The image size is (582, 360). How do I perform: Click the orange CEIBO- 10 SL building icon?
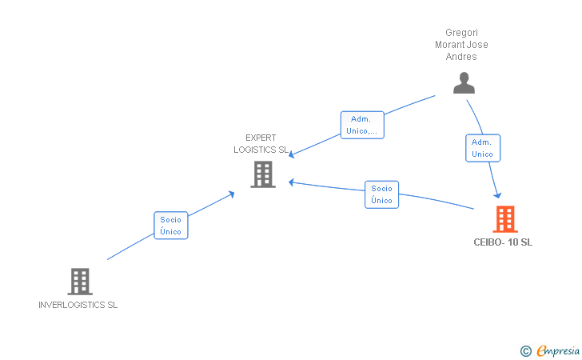[x=504, y=218]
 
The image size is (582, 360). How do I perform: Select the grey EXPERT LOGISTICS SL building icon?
[x=263, y=174]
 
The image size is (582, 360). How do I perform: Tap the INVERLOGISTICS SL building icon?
[x=79, y=281]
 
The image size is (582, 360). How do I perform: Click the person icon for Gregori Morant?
[x=464, y=82]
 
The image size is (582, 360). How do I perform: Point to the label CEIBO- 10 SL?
[x=502, y=242]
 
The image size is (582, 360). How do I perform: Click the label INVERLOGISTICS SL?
[x=78, y=305]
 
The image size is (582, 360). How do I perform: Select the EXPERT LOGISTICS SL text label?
[x=261, y=143]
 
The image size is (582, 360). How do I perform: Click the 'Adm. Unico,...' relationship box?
[x=362, y=125]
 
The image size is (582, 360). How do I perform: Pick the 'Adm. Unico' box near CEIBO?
[x=482, y=148]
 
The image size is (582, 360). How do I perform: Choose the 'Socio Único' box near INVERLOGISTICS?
[x=171, y=226]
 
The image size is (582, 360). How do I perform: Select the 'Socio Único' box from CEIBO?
[x=381, y=194]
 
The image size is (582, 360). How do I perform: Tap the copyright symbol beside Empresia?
[x=525, y=350]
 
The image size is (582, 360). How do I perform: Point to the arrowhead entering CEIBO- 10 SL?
[x=498, y=195]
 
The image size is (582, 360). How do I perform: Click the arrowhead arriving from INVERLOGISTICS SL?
[x=232, y=192]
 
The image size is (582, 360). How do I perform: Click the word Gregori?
[x=461, y=34]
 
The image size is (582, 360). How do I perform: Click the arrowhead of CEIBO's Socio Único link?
[x=292, y=182]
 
